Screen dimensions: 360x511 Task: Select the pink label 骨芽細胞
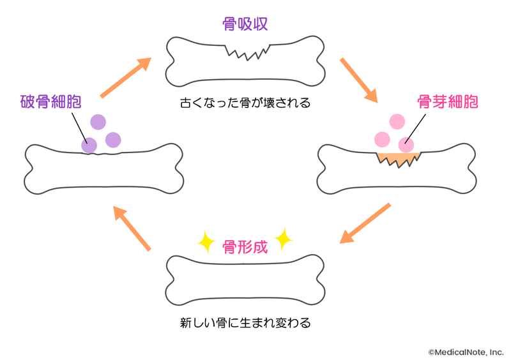[448, 101]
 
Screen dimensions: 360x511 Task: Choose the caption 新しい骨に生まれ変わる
[245, 323]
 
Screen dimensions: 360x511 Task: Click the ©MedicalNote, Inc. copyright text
[466, 352]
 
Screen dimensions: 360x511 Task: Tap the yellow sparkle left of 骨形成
[205, 242]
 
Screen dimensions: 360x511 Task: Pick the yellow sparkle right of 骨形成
[283, 240]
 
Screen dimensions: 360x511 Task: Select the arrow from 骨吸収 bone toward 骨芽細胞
[358, 80]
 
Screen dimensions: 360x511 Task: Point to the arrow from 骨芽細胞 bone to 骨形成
[364, 223]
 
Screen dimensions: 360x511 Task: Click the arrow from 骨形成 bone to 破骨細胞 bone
[132, 227]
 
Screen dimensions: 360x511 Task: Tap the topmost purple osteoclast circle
[98, 121]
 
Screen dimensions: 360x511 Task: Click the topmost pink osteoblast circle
[397, 121]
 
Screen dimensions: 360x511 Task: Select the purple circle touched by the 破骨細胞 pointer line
[89, 145]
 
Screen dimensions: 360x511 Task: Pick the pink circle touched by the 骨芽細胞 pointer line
[406, 145]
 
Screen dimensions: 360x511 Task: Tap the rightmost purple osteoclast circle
[113, 139]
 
